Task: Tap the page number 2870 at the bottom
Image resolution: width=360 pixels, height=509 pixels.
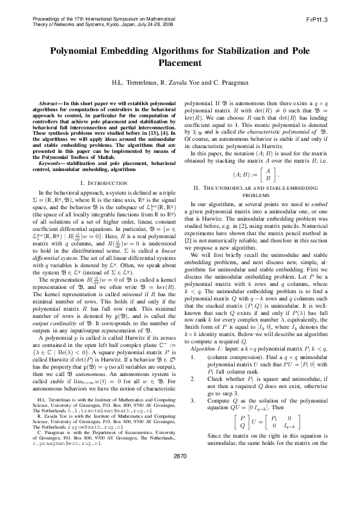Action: tap(180, 489)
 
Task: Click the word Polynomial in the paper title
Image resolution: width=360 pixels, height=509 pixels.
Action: tap(77, 52)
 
